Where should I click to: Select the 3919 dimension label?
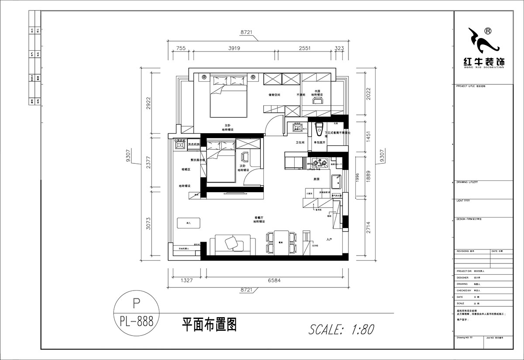(235, 48)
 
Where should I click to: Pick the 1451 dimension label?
(368, 136)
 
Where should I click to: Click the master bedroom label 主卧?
(228, 125)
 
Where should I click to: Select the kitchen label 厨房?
(317, 179)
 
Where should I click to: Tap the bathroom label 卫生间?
(300, 142)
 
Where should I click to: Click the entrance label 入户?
(330, 239)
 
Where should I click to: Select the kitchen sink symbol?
(336, 181)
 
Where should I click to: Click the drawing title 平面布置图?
(209, 325)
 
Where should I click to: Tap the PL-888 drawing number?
(136, 322)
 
